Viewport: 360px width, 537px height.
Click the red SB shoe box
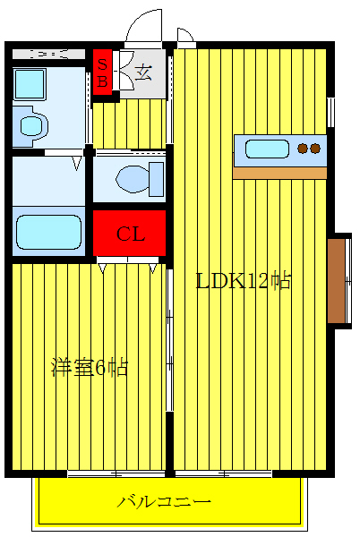click(102, 72)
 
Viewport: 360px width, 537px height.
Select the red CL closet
click(131, 234)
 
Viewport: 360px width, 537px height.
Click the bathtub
click(48, 231)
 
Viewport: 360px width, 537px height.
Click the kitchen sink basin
click(262, 148)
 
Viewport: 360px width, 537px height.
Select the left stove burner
click(303, 148)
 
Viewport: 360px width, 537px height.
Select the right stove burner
click(315, 148)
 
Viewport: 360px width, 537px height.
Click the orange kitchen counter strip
click(279, 172)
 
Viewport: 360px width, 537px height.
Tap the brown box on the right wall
click(336, 279)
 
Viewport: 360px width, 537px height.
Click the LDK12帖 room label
click(243, 281)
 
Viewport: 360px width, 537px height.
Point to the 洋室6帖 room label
click(89, 367)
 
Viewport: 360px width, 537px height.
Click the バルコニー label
click(164, 501)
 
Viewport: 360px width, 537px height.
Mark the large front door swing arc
click(143, 28)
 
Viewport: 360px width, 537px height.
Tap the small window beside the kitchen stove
click(330, 112)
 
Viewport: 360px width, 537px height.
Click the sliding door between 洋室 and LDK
click(169, 358)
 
